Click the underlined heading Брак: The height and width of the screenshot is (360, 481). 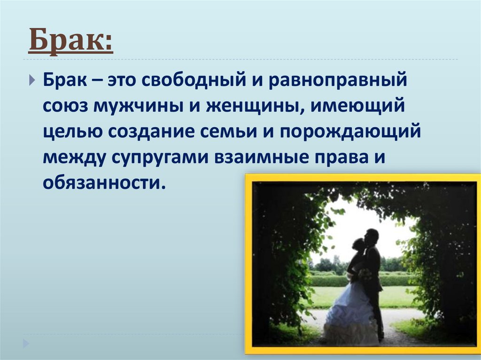point(70,41)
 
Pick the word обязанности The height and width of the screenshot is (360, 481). point(104,183)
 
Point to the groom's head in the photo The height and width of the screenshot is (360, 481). point(372,236)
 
